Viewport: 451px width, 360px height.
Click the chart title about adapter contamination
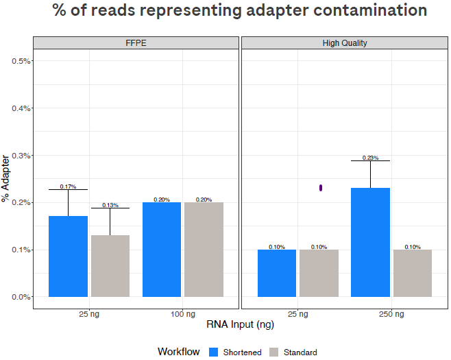point(240,12)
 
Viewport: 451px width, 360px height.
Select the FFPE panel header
point(136,43)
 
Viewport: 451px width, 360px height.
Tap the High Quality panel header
point(345,43)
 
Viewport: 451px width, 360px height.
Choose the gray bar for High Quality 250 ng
point(413,273)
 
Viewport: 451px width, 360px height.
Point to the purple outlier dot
point(321,188)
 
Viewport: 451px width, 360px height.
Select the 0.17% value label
point(68,187)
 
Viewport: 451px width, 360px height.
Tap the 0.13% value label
point(110,205)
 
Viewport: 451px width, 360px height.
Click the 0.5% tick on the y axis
point(21,61)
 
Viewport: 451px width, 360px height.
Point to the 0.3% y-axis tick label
point(21,156)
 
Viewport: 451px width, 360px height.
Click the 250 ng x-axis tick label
point(391,314)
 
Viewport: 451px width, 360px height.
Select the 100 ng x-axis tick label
point(182,314)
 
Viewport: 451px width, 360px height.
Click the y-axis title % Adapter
point(6,179)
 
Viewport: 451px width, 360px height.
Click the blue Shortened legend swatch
point(213,352)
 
